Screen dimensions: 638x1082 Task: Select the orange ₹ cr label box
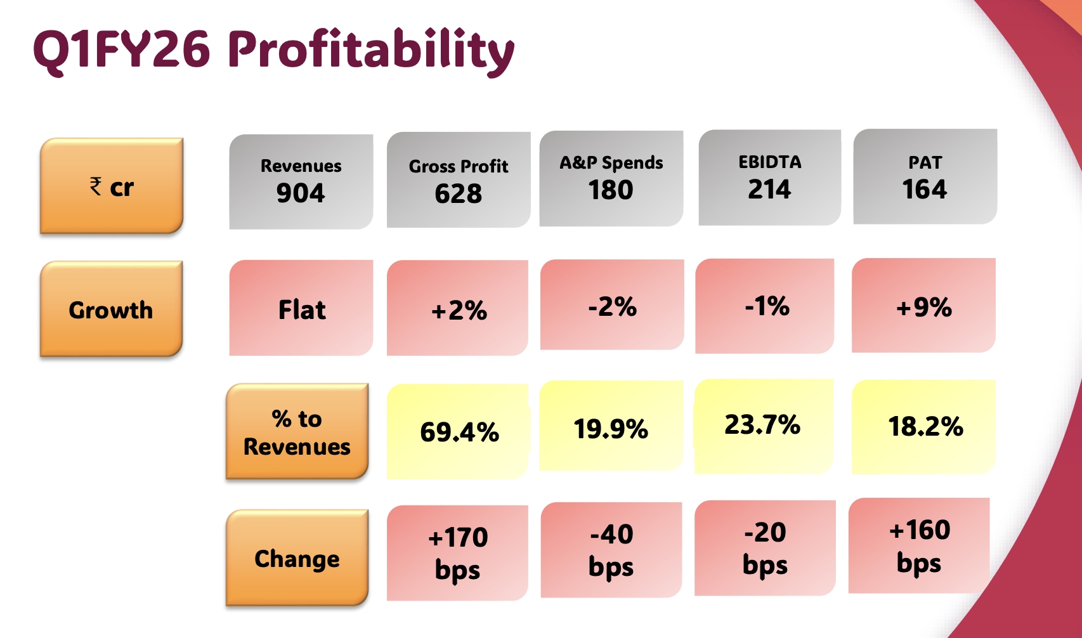tap(112, 186)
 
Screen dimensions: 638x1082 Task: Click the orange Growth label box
tap(111, 309)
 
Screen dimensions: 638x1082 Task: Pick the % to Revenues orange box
tap(297, 432)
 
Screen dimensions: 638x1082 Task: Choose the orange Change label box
tap(297, 558)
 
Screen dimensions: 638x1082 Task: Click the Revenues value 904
tap(301, 193)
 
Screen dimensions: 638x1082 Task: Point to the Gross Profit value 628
tap(458, 193)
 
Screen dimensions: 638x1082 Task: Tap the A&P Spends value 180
tap(611, 190)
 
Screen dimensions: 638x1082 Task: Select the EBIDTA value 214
tap(769, 189)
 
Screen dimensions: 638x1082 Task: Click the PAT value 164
tap(925, 189)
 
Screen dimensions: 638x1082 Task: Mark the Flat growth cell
tap(301, 309)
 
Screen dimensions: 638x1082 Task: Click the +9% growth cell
tap(923, 307)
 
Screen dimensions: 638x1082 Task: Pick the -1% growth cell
tap(766, 306)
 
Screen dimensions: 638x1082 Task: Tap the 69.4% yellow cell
tap(459, 432)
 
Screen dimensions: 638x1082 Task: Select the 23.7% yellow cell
tap(763, 425)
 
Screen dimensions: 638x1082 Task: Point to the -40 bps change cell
tap(611, 550)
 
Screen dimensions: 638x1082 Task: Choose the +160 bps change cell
tap(919, 546)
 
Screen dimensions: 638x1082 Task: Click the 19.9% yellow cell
tap(611, 429)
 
